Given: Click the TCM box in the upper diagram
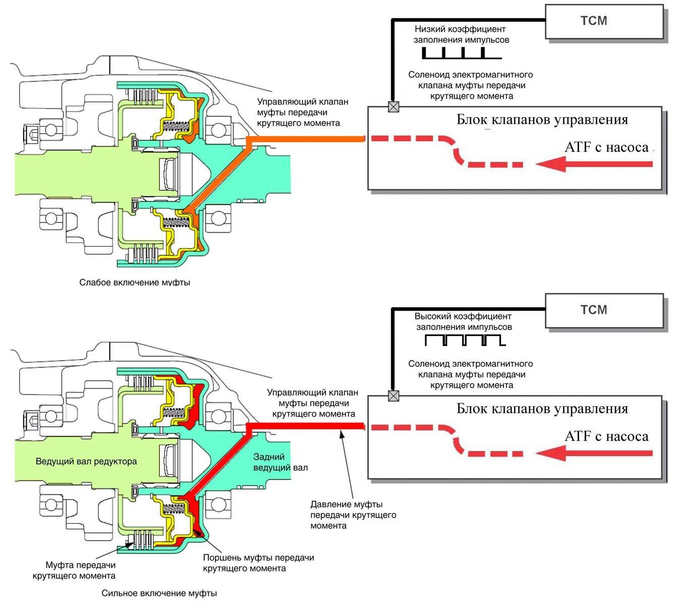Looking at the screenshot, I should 604,21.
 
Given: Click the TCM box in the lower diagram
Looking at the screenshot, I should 604,310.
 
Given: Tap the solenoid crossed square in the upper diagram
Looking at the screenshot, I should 393,106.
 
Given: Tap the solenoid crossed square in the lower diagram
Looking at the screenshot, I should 393,396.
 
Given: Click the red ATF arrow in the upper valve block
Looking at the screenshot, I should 595,164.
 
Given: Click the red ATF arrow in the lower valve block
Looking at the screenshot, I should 595,453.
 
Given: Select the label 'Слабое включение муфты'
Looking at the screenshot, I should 135,283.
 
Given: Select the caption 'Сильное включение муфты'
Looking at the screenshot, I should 159,593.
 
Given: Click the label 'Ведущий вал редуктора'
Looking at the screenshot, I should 86,461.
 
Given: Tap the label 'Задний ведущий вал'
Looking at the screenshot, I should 280,462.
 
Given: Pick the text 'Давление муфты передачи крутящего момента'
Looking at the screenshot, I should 353,515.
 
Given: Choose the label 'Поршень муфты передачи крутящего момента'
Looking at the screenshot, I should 258,563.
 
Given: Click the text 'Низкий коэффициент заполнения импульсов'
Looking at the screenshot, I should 461,34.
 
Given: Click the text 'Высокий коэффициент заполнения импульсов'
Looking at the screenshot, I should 463,322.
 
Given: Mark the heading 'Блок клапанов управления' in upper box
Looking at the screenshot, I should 542,120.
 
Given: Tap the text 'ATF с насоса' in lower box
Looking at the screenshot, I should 606,436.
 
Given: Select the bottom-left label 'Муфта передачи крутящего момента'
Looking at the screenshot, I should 74,570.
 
